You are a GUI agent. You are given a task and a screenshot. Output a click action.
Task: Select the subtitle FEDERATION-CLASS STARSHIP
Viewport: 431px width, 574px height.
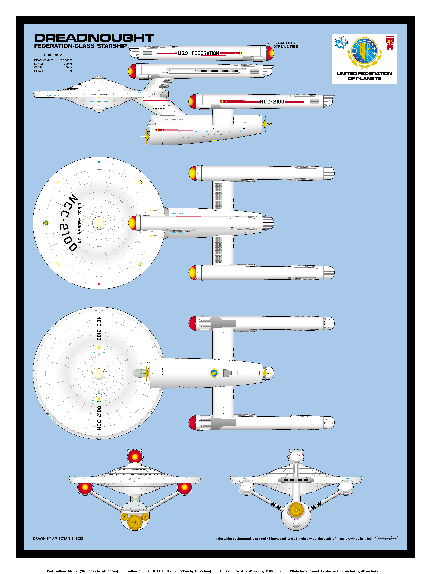80,46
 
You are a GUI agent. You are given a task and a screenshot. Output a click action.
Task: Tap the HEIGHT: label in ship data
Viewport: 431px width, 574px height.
40,71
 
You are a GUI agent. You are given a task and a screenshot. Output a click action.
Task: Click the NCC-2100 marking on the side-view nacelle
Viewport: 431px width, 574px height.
272,102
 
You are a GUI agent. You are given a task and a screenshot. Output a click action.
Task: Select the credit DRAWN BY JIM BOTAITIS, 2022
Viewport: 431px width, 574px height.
58,538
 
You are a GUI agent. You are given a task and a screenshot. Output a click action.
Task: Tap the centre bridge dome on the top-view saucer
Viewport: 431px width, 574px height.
99,223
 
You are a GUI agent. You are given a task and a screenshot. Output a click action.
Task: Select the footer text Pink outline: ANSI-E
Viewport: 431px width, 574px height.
82,571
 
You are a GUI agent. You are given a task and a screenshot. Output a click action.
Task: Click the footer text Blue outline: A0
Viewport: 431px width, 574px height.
250,571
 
